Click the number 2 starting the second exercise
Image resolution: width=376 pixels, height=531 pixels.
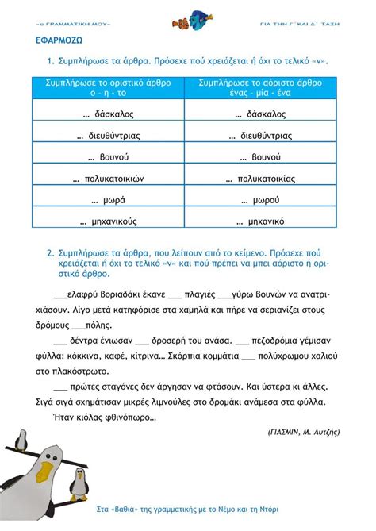(49, 253)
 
